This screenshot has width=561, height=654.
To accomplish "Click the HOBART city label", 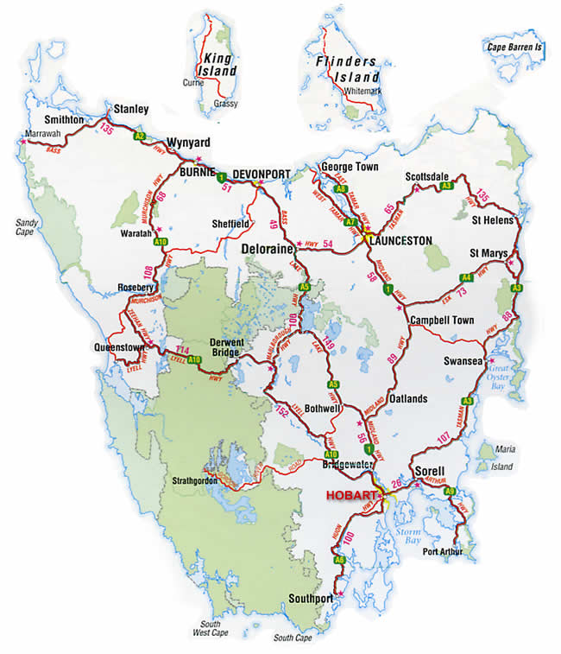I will (x=351, y=496).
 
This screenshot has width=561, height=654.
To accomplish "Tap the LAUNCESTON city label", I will (x=400, y=241).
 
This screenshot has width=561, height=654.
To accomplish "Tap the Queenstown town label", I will (x=120, y=348).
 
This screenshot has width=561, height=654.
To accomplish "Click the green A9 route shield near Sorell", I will (x=450, y=491).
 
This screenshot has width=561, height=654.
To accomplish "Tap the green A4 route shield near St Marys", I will (x=466, y=277).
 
